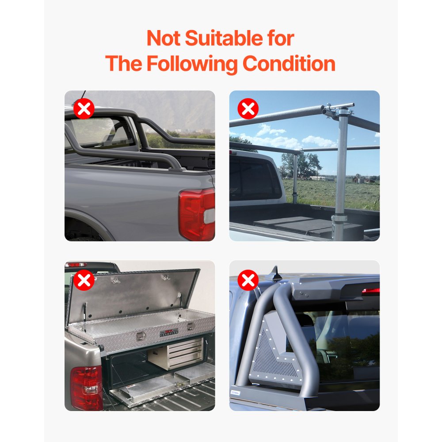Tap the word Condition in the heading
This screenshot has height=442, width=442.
(289, 63)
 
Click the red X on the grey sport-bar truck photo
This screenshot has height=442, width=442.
(84, 109)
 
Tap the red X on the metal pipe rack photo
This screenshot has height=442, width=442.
(248, 109)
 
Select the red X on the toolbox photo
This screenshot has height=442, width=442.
(84, 280)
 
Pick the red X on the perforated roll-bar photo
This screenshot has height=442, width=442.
(248, 280)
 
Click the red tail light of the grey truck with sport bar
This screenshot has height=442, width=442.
(196, 214)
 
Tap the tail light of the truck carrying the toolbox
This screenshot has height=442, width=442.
(86, 388)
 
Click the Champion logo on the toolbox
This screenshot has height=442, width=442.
(169, 333)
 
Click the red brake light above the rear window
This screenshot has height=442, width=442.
(371, 290)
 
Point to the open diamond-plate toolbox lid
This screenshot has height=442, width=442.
(133, 296)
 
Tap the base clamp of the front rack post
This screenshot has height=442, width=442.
(339, 218)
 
